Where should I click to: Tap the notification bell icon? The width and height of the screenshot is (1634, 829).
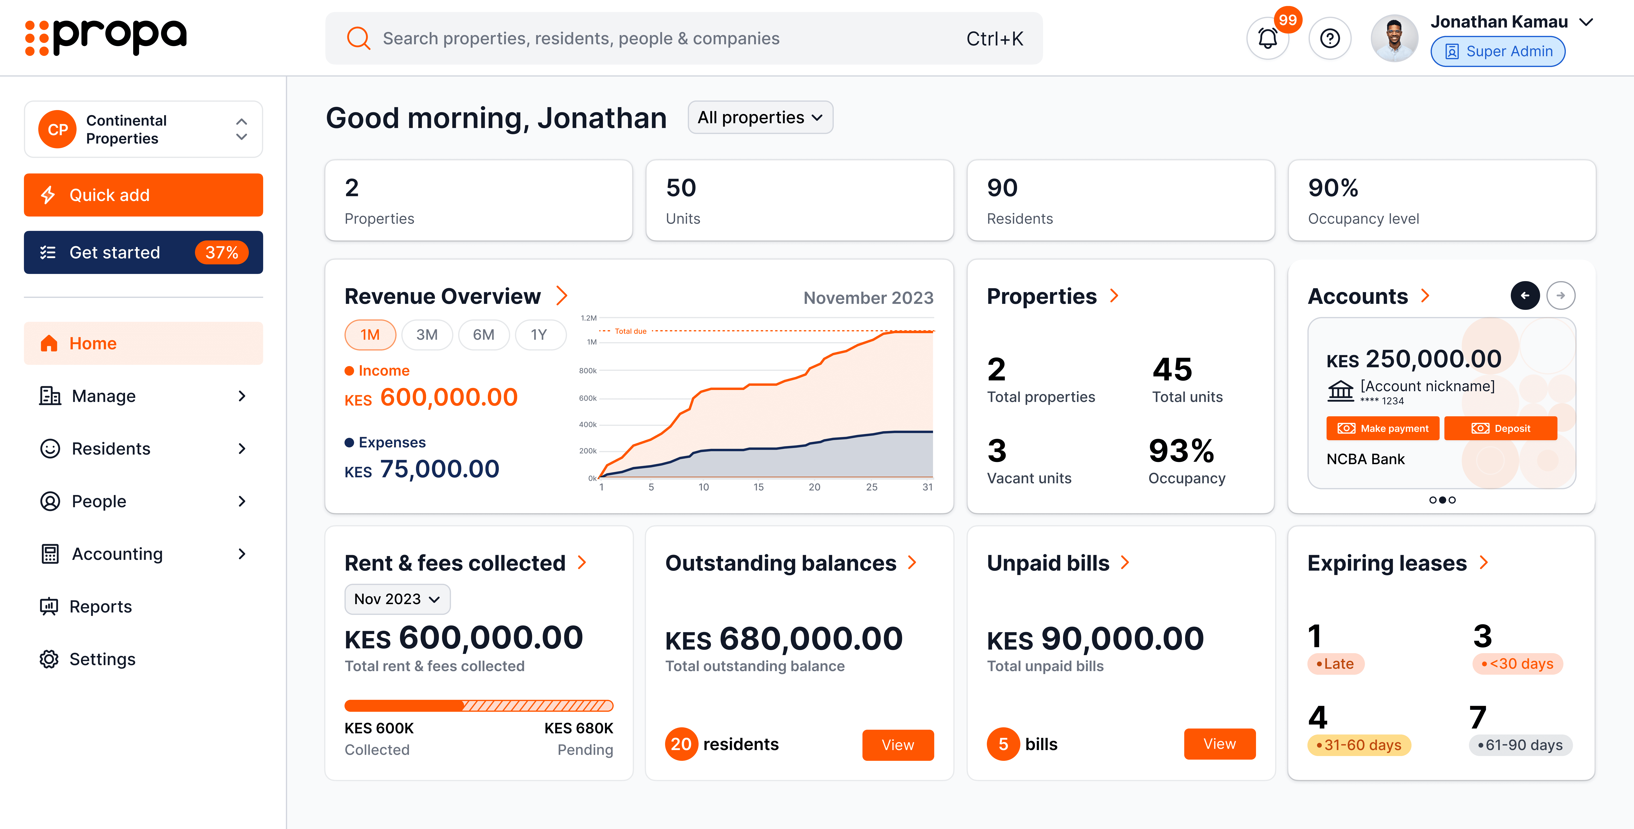1267,39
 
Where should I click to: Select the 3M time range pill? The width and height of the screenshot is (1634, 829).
427,335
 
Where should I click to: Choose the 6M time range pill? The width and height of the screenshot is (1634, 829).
483,335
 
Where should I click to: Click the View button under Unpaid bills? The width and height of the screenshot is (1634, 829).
1219,744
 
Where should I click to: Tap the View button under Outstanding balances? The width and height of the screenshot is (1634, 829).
898,745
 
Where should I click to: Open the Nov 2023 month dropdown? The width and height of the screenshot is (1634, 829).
397,599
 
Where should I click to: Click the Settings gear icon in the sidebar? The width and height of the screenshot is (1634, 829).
49,660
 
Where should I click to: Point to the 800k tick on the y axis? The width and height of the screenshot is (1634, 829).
587,371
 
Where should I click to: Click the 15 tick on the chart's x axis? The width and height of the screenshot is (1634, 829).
759,487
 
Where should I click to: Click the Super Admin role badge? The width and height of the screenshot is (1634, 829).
1498,51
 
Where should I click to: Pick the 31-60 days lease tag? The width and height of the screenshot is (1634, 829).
1359,745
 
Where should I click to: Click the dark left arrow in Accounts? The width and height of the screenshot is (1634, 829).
1525,296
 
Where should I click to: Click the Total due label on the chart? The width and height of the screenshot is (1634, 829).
631,331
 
